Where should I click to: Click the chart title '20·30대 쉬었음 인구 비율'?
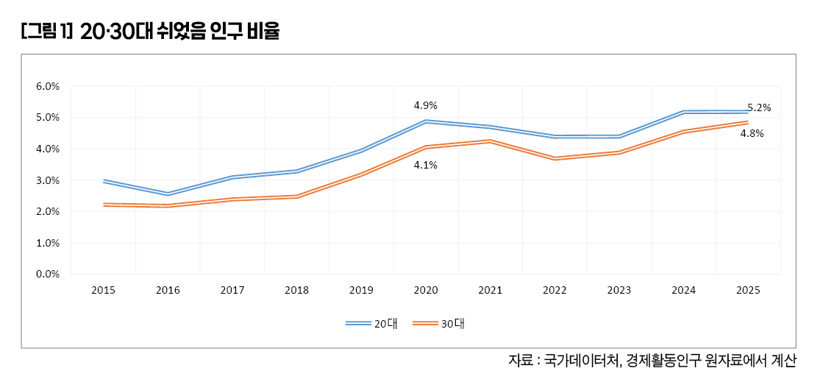point(180,32)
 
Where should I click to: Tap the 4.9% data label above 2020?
point(426,105)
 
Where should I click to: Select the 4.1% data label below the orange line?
point(426,165)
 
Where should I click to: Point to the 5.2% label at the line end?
point(759,107)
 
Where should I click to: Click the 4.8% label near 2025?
point(752,133)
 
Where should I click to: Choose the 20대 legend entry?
point(372,323)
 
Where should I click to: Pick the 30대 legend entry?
point(438,323)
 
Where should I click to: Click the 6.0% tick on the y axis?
point(48,86)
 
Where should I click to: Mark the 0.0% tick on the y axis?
point(48,274)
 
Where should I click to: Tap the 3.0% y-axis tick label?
point(48,180)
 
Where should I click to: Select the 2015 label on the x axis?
point(103,291)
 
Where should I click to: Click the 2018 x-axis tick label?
point(296,291)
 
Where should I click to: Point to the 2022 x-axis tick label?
point(554,291)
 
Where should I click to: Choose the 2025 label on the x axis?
point(748,291)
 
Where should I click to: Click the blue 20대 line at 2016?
point(168,194)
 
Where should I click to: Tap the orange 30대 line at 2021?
point(490,141)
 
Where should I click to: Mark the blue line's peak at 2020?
point(426,121)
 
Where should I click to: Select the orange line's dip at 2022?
point(554,158)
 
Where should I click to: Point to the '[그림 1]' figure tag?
point(46,32)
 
